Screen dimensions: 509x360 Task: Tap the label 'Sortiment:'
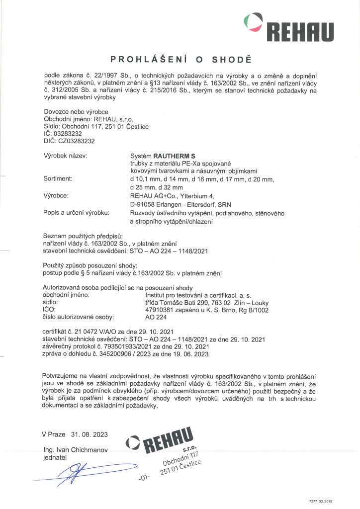click(58, 177)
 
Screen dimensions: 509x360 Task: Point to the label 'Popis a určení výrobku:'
click(77, 213)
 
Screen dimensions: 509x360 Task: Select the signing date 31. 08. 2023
click(89, 434)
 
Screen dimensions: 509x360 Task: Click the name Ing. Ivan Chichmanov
click(75, 450)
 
